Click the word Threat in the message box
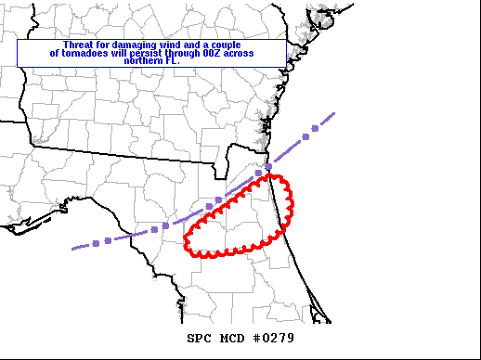[78, 45]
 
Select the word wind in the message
[181, 45]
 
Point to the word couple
[236, 45]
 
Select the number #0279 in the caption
[273, 338]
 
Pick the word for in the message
[110, 45]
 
